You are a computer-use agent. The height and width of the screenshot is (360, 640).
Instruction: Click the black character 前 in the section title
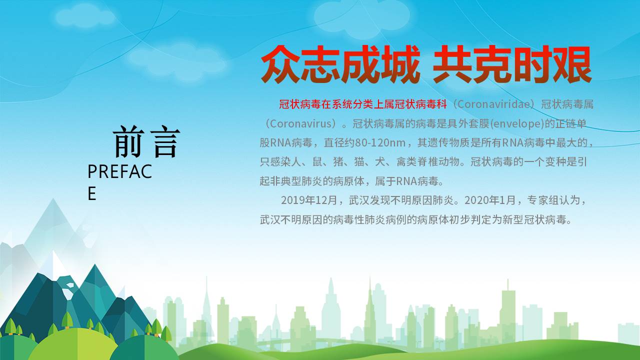(128, 141)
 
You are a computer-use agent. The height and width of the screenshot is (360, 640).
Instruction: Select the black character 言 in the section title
(165, 141)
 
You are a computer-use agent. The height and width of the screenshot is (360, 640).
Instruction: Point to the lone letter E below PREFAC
(91, 193)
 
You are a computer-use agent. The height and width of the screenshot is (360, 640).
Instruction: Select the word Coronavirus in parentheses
(302, 123)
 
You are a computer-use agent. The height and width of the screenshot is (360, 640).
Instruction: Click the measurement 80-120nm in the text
(380, 142)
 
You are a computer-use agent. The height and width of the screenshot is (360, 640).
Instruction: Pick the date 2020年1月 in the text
(489, 200)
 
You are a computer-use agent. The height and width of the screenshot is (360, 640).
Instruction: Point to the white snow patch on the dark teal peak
(68, 291)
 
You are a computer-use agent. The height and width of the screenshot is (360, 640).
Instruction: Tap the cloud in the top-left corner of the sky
(85, 16)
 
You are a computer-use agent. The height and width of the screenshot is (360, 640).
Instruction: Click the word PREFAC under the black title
(119, 171)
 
